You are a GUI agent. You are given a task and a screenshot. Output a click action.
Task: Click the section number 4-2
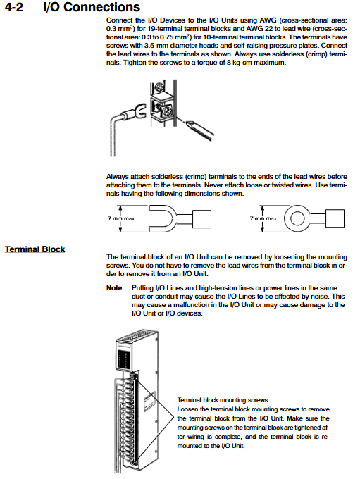14,7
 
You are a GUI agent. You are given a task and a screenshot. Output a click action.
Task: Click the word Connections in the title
101,7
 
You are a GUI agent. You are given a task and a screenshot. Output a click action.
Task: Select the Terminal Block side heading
35,249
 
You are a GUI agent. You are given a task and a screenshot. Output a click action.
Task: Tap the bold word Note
114,288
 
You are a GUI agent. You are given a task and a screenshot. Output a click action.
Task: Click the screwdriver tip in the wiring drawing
187,123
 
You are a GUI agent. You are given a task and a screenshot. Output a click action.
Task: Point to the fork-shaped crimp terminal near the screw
139,112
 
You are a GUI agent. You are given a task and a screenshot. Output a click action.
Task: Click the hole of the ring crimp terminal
297,218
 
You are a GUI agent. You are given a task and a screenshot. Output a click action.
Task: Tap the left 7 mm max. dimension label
122,218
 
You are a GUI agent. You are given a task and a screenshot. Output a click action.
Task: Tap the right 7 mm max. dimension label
263,218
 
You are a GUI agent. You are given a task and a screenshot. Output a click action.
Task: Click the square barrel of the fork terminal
201,218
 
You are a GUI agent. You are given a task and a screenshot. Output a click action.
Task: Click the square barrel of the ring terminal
335,218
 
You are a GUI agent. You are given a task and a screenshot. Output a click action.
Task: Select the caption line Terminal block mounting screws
223,400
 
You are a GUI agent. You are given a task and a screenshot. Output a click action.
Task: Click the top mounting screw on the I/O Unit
132,378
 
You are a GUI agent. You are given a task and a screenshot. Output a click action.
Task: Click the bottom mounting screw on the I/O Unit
133,463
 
